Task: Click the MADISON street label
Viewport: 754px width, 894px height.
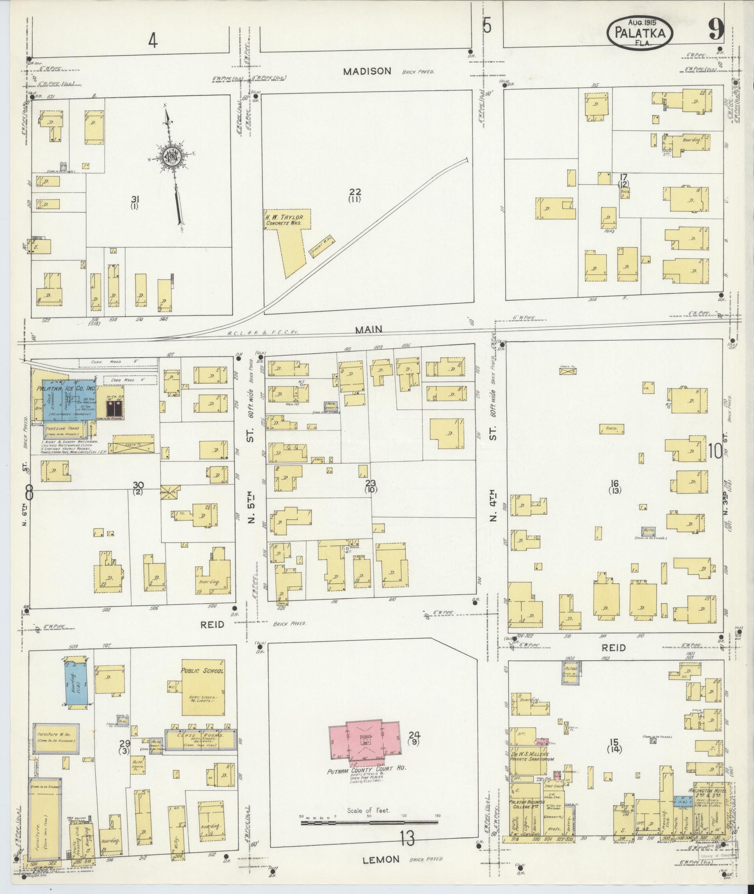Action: pyautogui.click(x=367, y=71)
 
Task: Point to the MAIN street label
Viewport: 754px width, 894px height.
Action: pyautogui.click(x=369, y=329)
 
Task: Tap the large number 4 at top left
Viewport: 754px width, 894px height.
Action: pyautogui.click(x=152, y=41)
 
